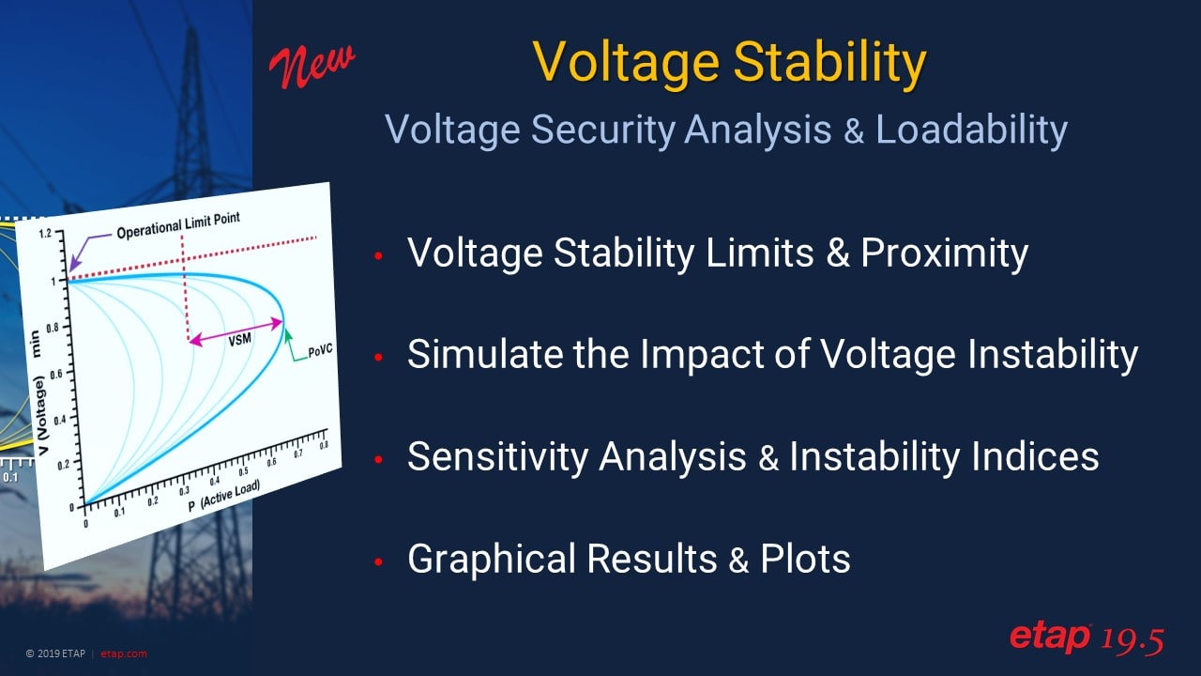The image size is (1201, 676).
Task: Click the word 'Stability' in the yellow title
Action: click(x=829, y=63)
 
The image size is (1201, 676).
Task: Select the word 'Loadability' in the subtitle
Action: click(x=971, y=131)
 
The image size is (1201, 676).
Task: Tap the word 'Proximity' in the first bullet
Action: click(x=945, y=253)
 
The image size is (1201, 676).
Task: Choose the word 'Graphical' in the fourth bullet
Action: click(x=491, y=560)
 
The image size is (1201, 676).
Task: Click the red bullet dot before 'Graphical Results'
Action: click(x=378, y=561)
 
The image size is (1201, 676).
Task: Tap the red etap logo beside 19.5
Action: click(x=1050, y=638)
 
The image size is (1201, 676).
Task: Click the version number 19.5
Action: click(x=1133, y=640)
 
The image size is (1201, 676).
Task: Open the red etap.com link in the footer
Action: click(x=123, y=653)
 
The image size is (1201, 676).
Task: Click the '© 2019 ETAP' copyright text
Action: click(x=55, y=653)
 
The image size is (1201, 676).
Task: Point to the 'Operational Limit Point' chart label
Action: click(x=178, y=225)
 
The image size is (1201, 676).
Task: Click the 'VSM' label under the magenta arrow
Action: click(x=239, y=340)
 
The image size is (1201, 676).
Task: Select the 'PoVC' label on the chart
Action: click(x=320, y=351)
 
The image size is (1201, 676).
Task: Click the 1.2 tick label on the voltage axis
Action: click(x=45, y=234)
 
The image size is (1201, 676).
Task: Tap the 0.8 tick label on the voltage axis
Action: click(x=53, y=328)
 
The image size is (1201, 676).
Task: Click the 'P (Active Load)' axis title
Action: click(x=224, y=496)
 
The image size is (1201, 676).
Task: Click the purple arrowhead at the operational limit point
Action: click(x=74, y=265)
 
